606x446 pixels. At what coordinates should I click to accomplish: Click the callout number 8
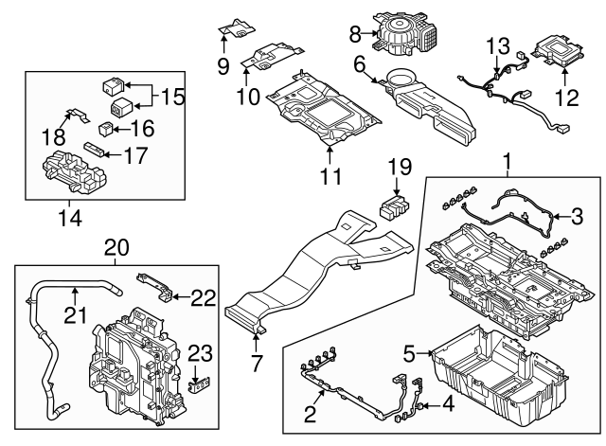point(355,34)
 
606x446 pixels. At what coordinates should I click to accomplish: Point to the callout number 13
point(498,45)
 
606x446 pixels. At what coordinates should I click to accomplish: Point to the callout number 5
point(410,354)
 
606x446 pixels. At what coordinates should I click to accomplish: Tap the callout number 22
point(202,297)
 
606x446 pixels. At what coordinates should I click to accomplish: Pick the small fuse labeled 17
point(94,148)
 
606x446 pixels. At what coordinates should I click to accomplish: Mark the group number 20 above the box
point(116,248)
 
